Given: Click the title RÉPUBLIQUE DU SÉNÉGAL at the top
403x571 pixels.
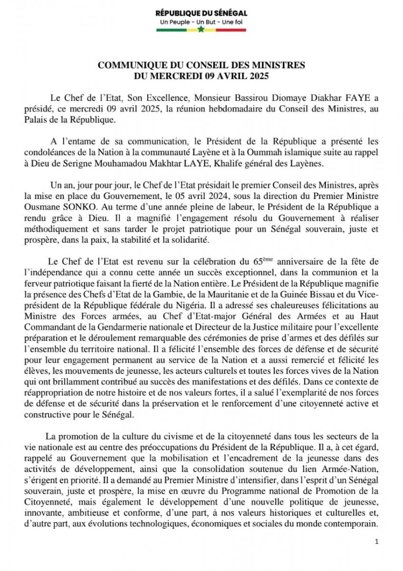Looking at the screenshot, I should pos(201,13).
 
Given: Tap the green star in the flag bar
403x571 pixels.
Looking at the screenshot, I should pos(201,30).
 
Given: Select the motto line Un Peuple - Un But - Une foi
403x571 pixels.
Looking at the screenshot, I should pos(201,22).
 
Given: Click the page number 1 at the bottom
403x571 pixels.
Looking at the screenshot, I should pos(376,542).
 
